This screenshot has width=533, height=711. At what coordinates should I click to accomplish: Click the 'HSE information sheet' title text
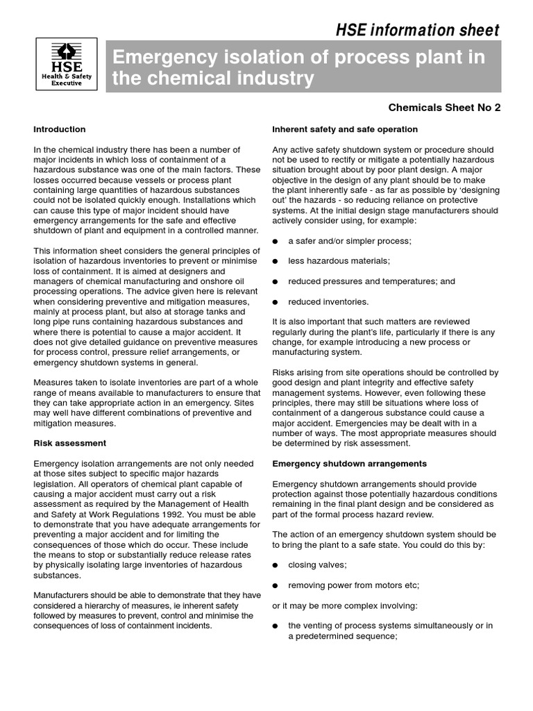[417, 30]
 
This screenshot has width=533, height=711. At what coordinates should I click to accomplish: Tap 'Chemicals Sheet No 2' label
[444, 108]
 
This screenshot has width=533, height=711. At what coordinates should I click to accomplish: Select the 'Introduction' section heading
[60, 129]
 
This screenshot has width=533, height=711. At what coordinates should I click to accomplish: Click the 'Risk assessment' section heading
[70, 442]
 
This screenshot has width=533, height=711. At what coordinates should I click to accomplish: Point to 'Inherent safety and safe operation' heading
[345, 129]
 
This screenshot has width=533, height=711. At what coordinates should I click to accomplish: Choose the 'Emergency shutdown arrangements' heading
[349, 463]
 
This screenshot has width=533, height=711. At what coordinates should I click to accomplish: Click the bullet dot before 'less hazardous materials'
[276, 261]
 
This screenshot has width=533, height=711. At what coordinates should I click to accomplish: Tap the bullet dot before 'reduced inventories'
[276, 302]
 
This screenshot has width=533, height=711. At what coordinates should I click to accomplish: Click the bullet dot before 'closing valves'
[276, 565]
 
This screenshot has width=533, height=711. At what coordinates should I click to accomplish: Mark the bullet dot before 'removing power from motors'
[276, 585]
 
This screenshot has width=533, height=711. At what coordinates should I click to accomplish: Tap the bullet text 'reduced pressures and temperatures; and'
[371, 281]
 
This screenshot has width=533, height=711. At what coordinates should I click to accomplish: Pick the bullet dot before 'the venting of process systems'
[276, 626]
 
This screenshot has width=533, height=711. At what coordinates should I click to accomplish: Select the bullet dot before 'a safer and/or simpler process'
[276, 241]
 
